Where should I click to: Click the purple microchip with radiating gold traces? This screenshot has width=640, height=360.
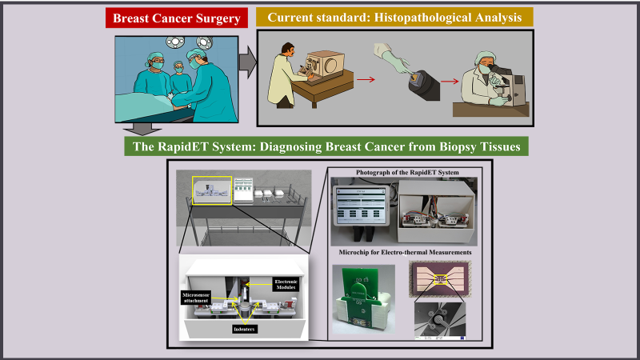(x=439, y=278)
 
